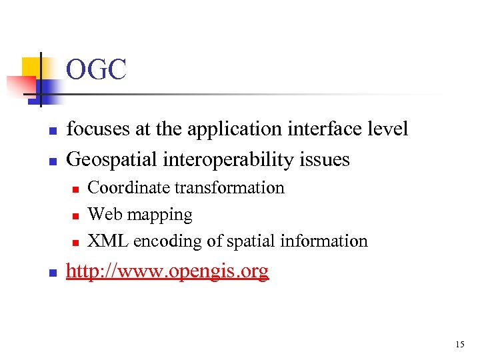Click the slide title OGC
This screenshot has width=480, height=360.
click(x=96, y=70)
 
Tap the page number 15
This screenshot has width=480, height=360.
click(x=460, y=345)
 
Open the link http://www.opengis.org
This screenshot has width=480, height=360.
click(x=168, y=272)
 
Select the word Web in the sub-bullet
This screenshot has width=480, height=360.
click(x=102, y=215)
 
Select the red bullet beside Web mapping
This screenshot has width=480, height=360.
click(x=76, y=216)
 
